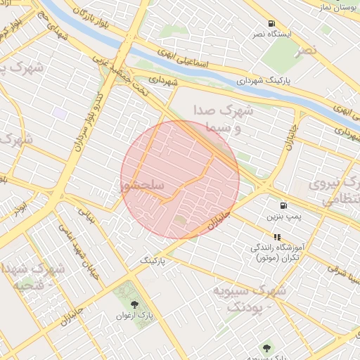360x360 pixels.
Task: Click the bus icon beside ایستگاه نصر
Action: point(271,24)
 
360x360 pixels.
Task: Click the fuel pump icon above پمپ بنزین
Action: point(283,206)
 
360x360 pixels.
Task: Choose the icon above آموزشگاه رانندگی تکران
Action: point(276,238)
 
